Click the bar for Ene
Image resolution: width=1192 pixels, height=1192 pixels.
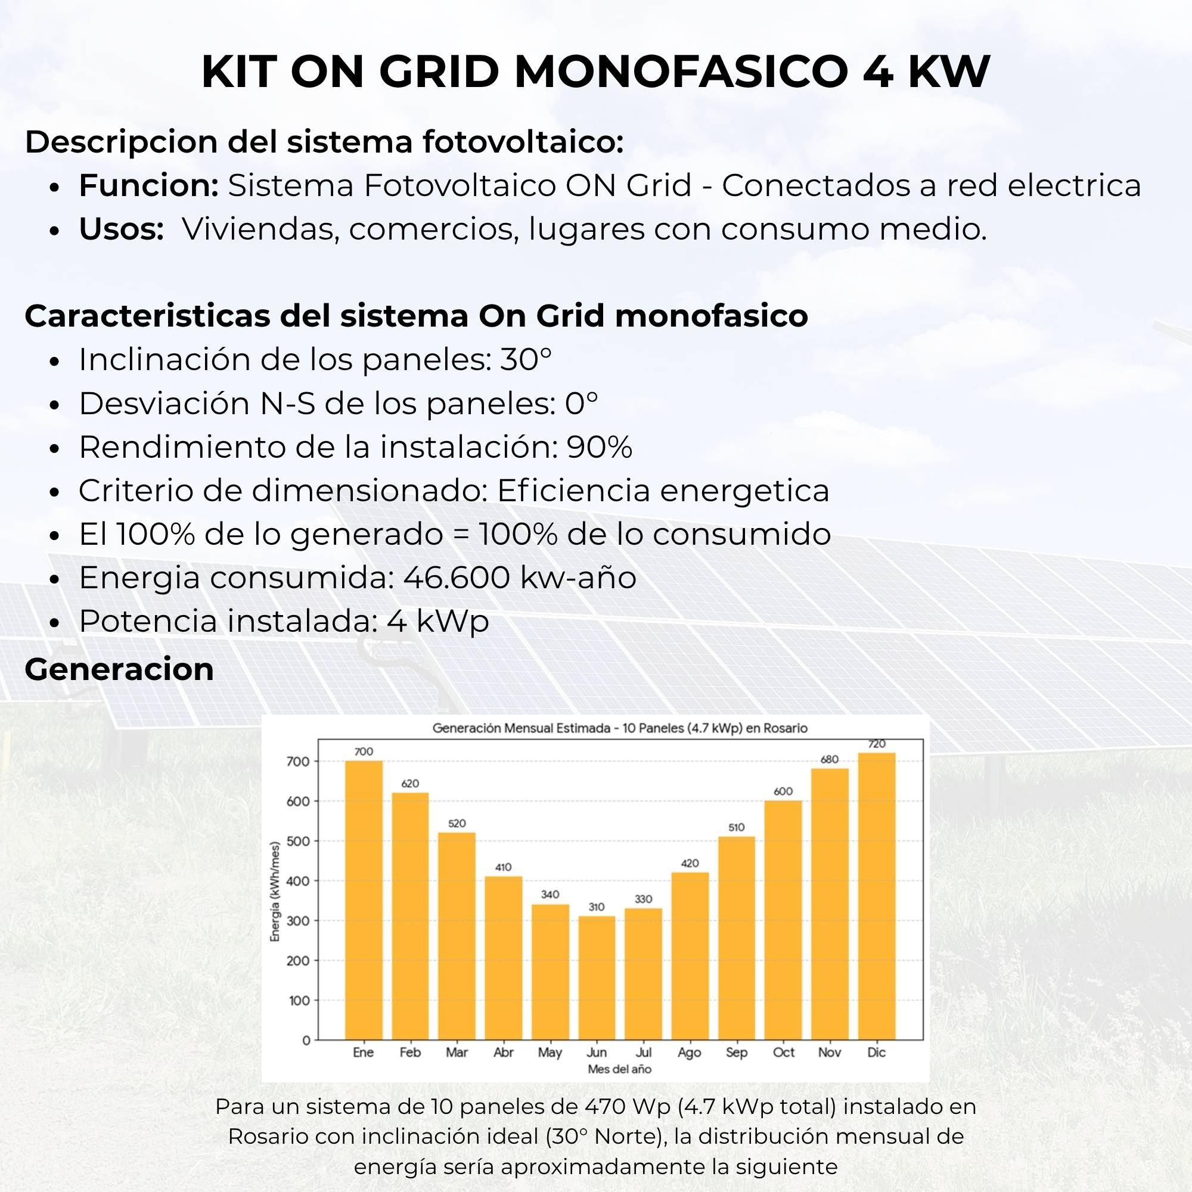click(x=364, y=900)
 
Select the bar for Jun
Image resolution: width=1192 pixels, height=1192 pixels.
click(x=597, y=978)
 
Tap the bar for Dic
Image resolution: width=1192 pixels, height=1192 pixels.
click(x=876, y=896)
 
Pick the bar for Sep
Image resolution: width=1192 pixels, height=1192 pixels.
click(x=737, y=939)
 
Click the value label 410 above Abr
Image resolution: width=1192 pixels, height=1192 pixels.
click(x=504, y=867)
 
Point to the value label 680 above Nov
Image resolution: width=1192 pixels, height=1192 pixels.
click(x=830, y=759)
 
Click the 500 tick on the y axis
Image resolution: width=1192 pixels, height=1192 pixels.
click(x=298, y=842)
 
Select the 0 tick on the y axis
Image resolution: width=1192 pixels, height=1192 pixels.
click(x=306, y=1041)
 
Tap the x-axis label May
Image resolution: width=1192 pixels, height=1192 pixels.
click(x=550, y=1053)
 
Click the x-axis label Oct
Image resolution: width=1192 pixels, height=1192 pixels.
click(x=784, y=1052)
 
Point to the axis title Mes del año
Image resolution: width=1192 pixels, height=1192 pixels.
click(x=619, y=1069)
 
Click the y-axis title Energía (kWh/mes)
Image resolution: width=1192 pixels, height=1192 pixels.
click(x=275, y=892)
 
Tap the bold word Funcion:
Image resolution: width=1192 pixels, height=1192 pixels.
click(x=148, y=185)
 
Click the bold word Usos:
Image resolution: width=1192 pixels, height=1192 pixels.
click(x=121, y=229)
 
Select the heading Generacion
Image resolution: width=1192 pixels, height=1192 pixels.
click(x=119, y=669)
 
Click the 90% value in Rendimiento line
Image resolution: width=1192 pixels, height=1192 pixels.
click(x=599, y=446)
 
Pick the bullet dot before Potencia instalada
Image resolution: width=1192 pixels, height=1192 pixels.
click(x=55, y=623)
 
